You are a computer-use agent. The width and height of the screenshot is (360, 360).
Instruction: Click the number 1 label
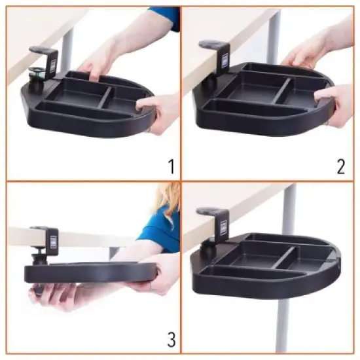click(170, 165)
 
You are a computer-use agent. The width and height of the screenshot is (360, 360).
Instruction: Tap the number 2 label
click(340, 166)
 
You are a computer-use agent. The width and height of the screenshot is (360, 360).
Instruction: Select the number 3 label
click(170, 339)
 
